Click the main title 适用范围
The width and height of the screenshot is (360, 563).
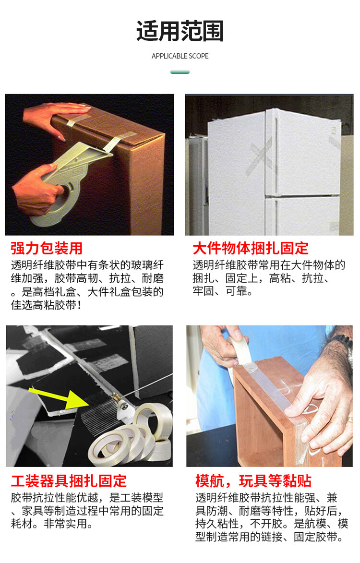coord(180,31)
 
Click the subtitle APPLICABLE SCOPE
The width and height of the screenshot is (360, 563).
coord(180,56)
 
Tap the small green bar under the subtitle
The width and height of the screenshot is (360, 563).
coord(180,72)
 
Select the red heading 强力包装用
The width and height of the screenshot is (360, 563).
coord(47,248)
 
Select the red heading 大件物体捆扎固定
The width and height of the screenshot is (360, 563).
coord(251,248)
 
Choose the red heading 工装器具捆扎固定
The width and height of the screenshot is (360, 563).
coord(69,481)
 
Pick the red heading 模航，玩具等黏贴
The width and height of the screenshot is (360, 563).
coord(253,481)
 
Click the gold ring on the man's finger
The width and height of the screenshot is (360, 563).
coord(349,419)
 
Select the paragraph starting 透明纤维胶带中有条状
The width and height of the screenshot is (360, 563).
coord(87,285)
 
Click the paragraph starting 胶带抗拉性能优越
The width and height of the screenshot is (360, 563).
coord(87,511)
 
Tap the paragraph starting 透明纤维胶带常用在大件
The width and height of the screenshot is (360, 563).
coord(269,278)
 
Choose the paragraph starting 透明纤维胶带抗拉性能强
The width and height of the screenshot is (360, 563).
coord(272,517)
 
